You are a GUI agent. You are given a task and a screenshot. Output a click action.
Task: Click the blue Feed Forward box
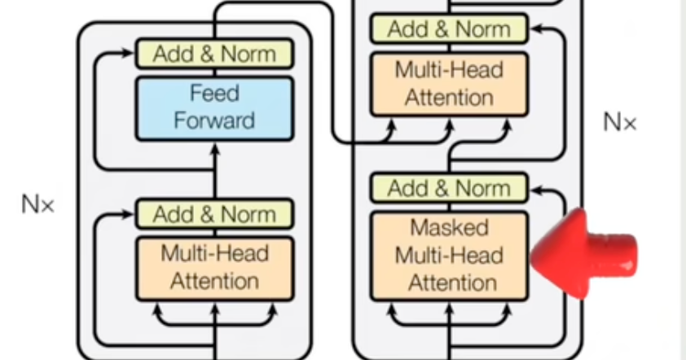point(214,108)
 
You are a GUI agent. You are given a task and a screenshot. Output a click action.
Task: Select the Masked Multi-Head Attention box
point(450,255)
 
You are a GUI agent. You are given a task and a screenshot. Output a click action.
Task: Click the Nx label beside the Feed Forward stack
point(37,204)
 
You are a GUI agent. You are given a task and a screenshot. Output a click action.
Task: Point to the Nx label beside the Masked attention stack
point(619,123)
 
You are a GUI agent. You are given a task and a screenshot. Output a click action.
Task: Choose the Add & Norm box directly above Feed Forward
point(214,55)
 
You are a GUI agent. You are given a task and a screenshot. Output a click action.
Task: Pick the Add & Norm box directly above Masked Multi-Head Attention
point(450,188)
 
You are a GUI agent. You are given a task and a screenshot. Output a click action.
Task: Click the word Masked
point(449,227)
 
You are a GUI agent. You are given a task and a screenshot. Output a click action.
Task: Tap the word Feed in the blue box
point(214,94)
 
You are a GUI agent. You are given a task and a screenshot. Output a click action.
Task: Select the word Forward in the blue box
point(214,121)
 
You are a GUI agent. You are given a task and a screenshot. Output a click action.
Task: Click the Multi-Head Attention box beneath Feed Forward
point(214,267)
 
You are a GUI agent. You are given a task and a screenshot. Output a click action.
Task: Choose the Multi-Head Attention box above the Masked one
point(450,84)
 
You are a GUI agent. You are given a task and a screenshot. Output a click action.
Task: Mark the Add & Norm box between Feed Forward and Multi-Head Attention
point(214,214)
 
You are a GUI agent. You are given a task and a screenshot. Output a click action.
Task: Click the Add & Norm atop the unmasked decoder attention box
point(450,30)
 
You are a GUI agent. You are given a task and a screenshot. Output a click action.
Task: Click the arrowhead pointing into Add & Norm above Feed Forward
point(126,55)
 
